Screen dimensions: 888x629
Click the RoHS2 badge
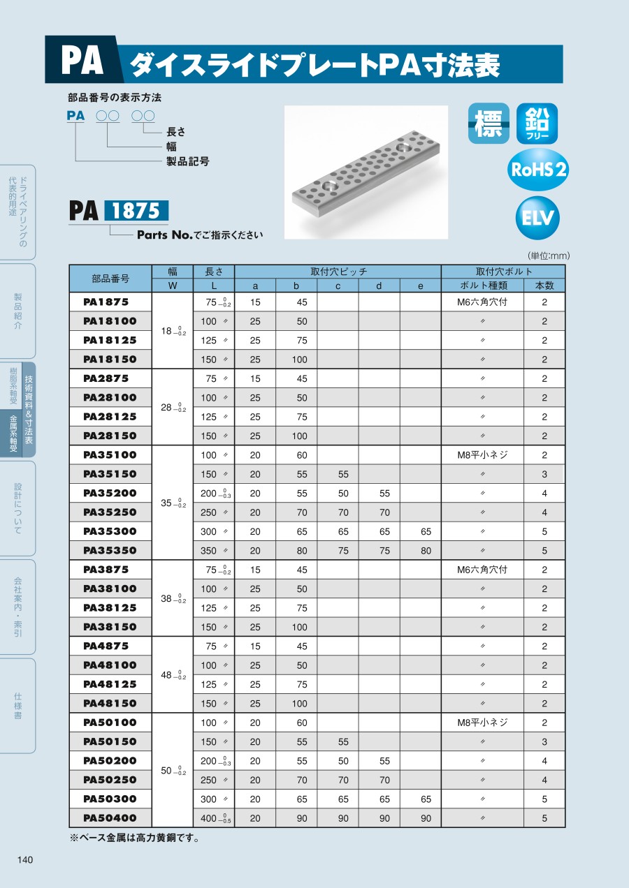pos(538,170)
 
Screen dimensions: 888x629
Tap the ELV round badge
pos(537,219)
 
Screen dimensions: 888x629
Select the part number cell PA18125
pos(110,340)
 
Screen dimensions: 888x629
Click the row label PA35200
pos(110,493)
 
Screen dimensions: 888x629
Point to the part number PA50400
pos(110,818)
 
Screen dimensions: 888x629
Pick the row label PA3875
pos(106,570)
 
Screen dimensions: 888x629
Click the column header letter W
pos(172,286)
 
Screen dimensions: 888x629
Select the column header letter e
pos(420,286)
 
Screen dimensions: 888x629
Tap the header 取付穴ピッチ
pos(338,272)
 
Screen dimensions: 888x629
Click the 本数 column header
pos(544,286)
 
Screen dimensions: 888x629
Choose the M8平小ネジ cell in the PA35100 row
pos(482,455)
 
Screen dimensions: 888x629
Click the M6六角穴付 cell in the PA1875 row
pos(482,302)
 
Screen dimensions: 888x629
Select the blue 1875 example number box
pos(136,211)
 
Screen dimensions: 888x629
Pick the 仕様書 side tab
pos(17,704)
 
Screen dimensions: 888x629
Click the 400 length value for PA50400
pos(209,818)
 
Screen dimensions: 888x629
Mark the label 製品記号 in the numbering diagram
pos(187,161)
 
